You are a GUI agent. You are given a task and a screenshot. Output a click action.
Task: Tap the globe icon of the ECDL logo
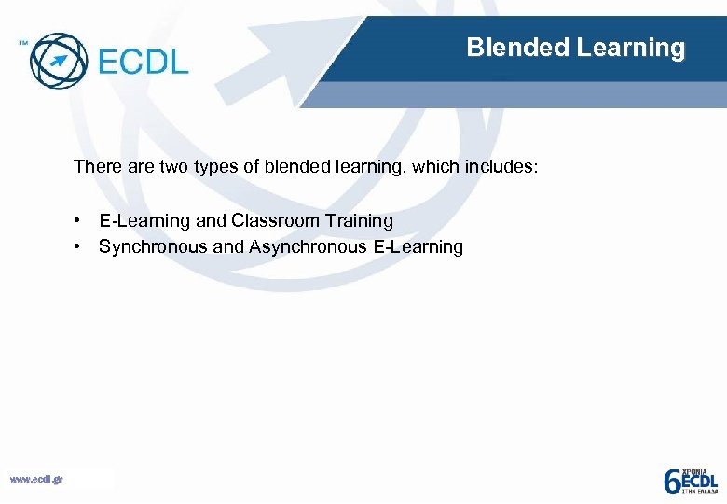click(57, 60)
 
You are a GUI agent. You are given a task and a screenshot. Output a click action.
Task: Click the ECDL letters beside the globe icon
click(142, 62)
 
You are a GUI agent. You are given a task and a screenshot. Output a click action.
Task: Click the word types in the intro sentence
click(215, 168)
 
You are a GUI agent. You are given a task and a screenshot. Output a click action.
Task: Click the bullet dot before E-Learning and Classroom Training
click(83, 221)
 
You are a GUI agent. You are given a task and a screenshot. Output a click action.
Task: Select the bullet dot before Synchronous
click(83, 247)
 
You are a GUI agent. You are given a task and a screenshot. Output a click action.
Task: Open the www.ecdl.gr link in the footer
click(35, 480)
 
